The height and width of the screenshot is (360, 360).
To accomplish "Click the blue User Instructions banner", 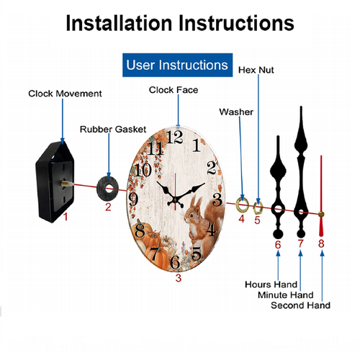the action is pos(177,65).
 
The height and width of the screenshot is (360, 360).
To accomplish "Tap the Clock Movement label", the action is pos(65,94).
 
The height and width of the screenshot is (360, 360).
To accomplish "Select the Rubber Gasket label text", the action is pos(113,130).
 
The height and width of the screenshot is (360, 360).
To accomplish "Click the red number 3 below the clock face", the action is pos(178,278).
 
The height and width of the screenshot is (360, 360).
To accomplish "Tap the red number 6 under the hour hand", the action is pos(278,245).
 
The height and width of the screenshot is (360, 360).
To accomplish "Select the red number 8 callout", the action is pos(321,243).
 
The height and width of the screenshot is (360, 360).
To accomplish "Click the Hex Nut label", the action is pos(256,70).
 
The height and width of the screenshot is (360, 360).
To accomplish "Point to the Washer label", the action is pos(236,112).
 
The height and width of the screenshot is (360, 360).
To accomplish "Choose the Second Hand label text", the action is pos(300,305).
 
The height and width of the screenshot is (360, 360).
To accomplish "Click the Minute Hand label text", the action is pos(286,295).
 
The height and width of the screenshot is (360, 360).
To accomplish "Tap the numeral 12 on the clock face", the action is pos(174,137).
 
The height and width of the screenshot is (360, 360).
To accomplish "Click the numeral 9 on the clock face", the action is pos(133,199).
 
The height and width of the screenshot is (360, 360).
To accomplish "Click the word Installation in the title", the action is pos(119,23).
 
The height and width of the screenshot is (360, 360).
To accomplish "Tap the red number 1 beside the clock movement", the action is pos(66,217).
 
